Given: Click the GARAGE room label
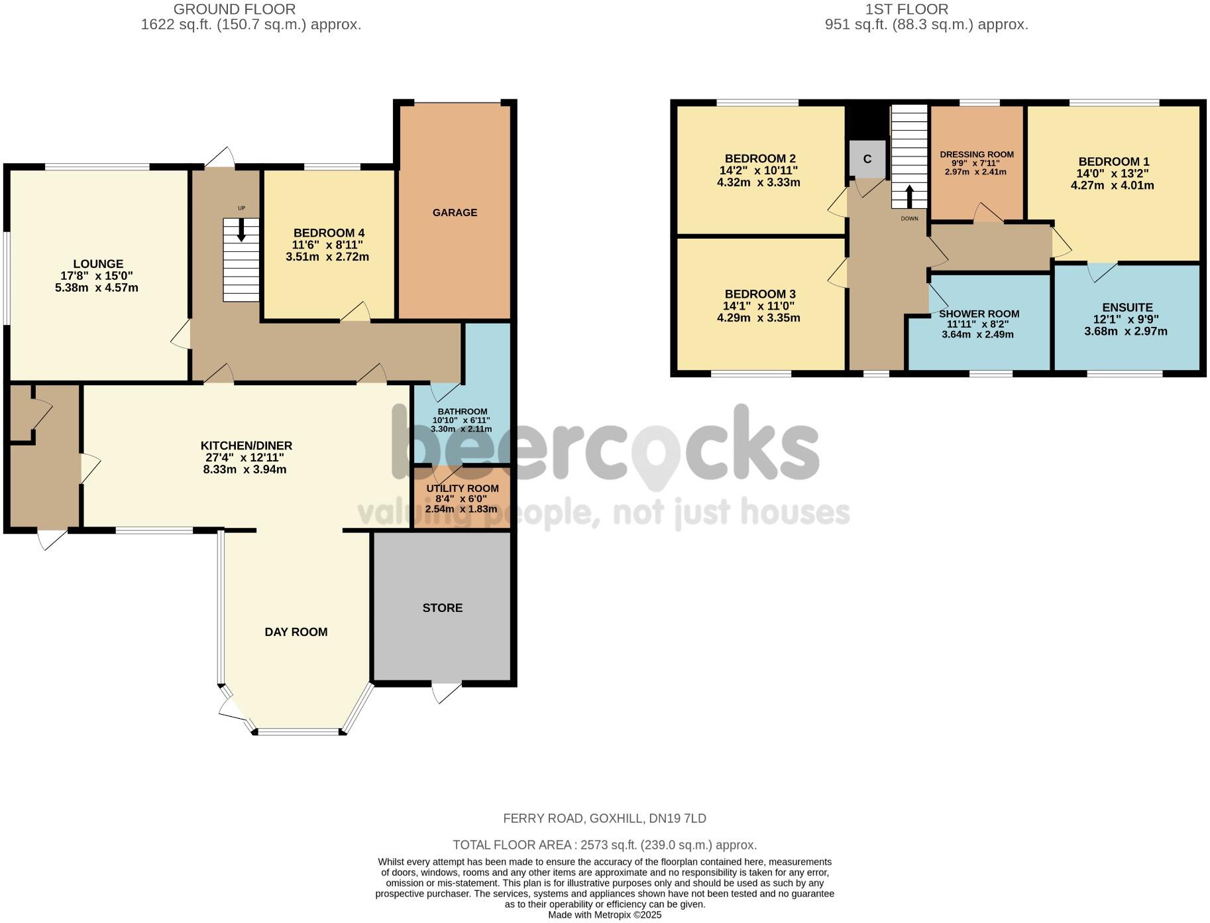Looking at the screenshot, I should coord(455,212).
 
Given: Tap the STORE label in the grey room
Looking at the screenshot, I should coord(442,607).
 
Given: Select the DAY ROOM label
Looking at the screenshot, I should coord(296,632).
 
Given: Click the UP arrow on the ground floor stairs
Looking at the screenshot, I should coord(241,229).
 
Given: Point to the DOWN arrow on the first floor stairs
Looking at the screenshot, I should coord(909,196).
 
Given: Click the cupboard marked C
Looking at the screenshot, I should coord(867,159).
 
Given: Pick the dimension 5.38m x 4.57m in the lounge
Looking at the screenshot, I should coord(97,288).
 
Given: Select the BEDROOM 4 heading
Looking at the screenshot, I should coord(329,233).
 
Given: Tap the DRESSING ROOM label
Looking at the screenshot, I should coord(977,154).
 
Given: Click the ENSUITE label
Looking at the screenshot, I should coord(1127,307).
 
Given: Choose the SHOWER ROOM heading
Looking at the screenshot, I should coord(979,314).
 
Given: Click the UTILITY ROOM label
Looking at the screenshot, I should coord(463,488).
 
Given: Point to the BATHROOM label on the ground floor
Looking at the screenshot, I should coord(462,411).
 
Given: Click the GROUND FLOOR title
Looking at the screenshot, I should coord(235,9).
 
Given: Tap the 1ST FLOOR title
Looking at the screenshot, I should coord(907,9).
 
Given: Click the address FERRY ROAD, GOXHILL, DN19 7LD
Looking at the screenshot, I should coord(604,818).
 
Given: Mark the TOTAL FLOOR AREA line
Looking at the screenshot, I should coord(604,845).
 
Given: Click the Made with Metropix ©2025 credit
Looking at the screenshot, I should coord(604,915).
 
